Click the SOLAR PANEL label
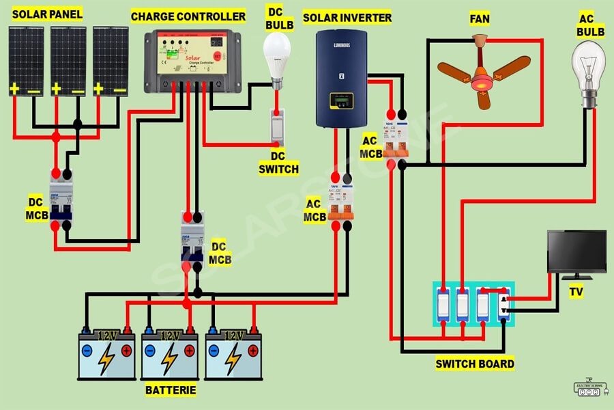click(46, 14)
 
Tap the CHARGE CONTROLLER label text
click(188, 16)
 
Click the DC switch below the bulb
click(277, 126)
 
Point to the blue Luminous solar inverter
click(341, 78)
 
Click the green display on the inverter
click(340, 100)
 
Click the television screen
click(576, 251)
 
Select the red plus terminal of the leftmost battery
click(126, 351)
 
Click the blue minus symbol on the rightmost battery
click(215, 351)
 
